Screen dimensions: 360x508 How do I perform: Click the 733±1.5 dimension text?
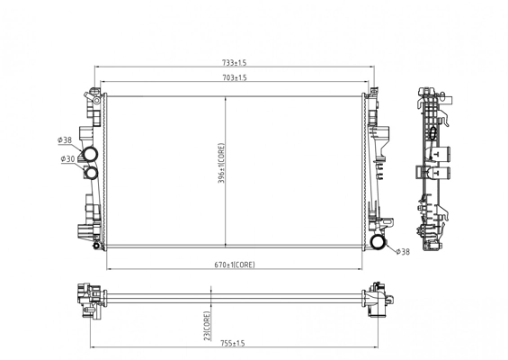pyautogui.click(x=235, y=63)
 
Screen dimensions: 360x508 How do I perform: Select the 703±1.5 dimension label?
pyautogui.click(x=235, y=79)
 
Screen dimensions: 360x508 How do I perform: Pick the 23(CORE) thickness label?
pyautogui.click(x=208, y=324)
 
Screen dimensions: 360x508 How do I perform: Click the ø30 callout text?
pyautogui.click(x=67, y=159)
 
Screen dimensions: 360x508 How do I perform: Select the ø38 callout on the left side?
pyautogui.click(x=65, y=140)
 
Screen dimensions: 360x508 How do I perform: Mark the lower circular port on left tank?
pyautogui.click(x=90, y=174)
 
